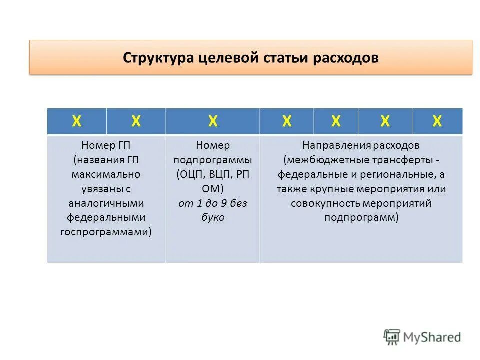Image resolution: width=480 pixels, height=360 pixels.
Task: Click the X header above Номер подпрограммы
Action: (213, 121)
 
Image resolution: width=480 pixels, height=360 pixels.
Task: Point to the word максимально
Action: (106, 175)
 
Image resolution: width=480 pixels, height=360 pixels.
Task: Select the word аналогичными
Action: (106, 204)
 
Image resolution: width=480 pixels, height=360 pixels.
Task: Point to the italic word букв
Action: (213, 218)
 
